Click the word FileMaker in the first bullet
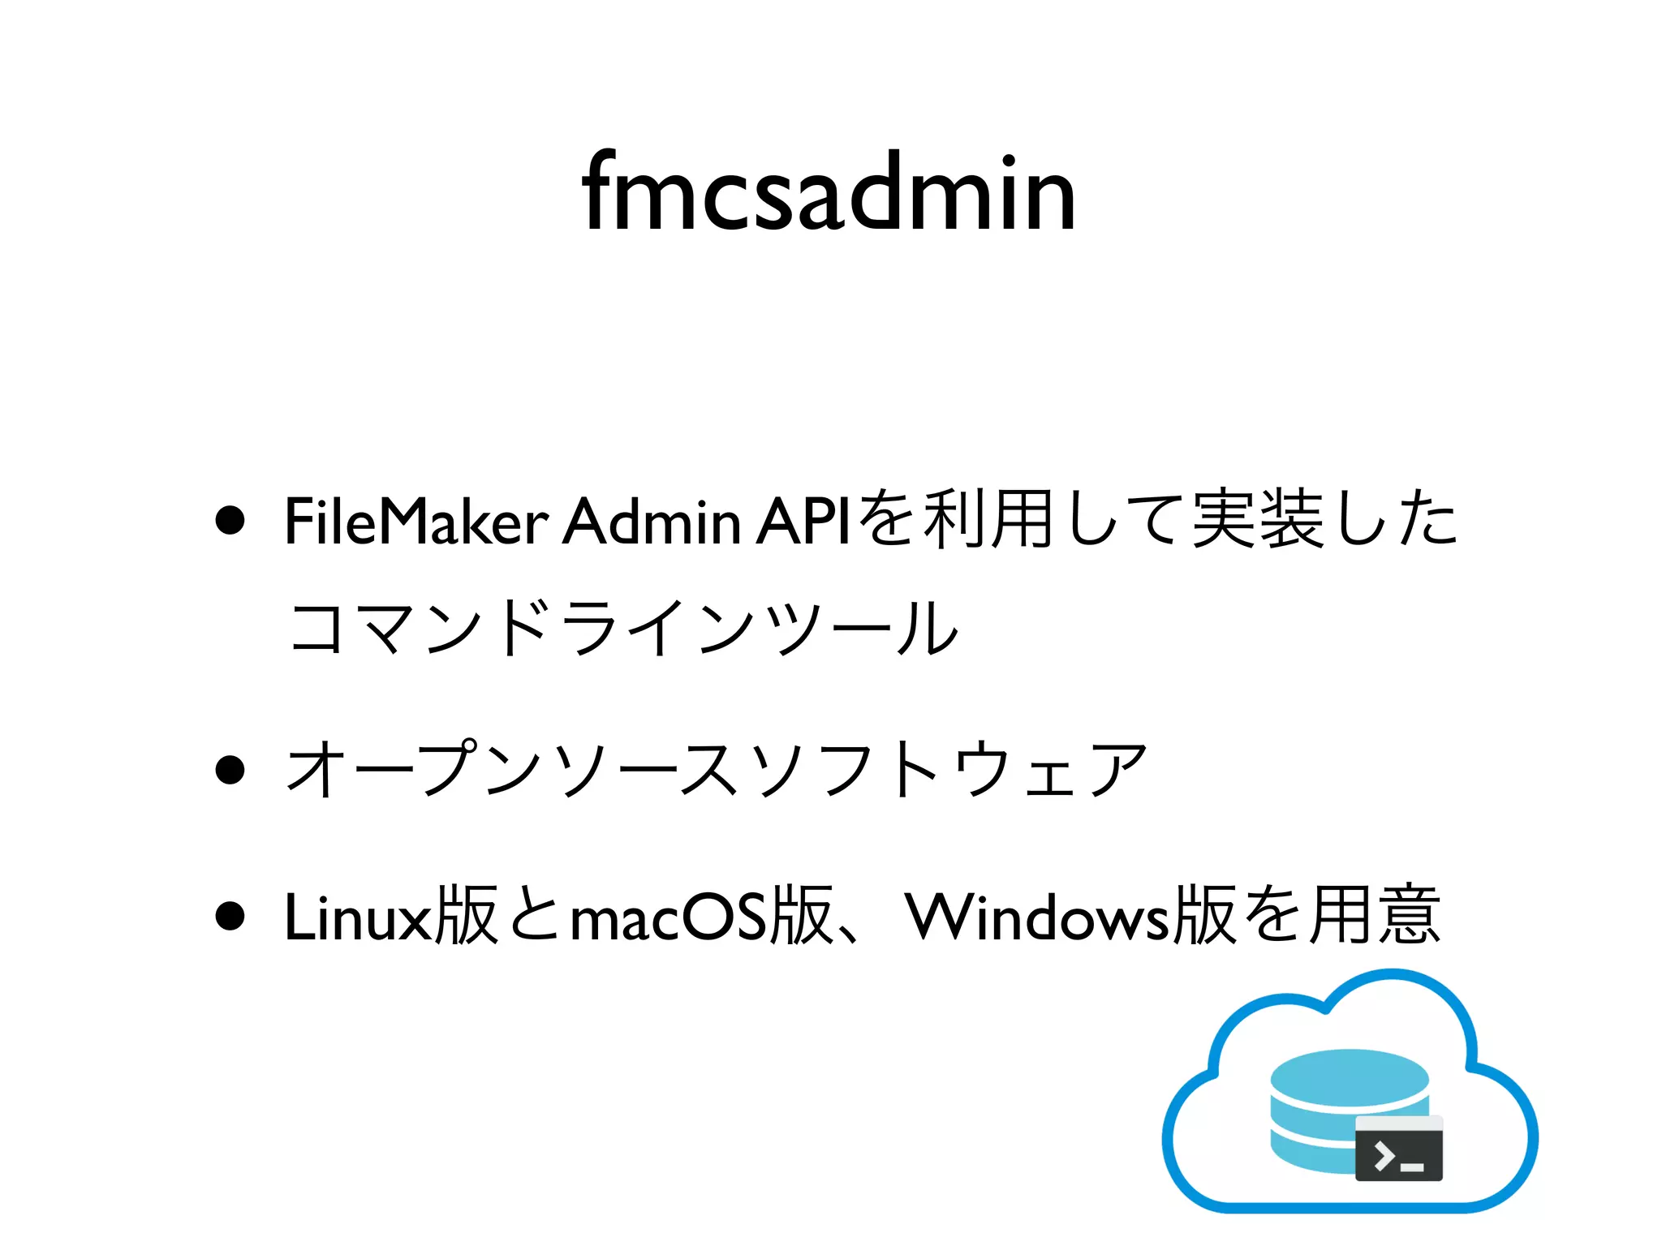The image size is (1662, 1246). pyautogui.click(x=416, y=521)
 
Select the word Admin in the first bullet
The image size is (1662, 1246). pyautogui.click(x=652, y=521)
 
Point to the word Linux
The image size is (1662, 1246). pyautogui.click(x=358, y=917)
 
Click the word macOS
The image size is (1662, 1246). pyautogui.click(x=668, y=917)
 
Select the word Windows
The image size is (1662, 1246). pyautogui.click(x=1038, y=917)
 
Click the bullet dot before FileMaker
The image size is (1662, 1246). pyautogui.click(x=230, y=521)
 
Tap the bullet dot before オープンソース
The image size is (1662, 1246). pyautogui.click(x=230, y=770)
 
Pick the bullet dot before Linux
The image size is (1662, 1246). pyautogui.click(x=230, y=917)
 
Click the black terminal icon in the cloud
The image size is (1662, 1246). pyautogui.click(x=1399, y=1149)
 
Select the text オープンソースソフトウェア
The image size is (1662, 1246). pyautogui.click(x=717, y=770)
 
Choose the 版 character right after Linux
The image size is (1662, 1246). pyautogui.click(x=466, y=917)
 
